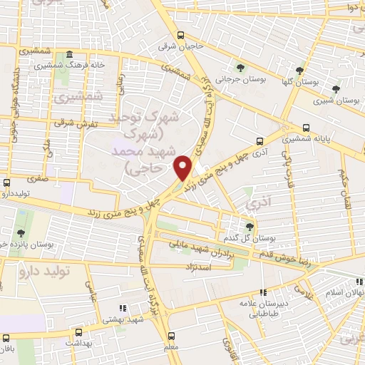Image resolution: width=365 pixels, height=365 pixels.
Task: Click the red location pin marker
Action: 184,168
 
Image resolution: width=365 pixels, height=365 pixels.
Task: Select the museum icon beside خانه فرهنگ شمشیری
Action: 69,55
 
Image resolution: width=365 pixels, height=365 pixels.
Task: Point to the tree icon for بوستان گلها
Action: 300,71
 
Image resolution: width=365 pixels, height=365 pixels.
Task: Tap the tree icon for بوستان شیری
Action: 336,89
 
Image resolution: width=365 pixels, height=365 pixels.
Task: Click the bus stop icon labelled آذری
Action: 259,141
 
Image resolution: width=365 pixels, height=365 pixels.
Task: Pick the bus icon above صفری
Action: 7,182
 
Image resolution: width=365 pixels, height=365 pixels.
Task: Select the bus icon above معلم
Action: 171,335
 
